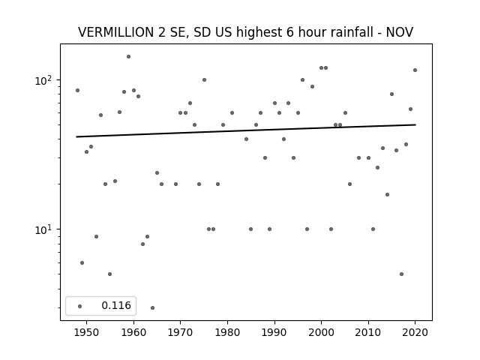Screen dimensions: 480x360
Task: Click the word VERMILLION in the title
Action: pos(116,32)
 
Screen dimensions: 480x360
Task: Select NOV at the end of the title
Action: pos(400,32)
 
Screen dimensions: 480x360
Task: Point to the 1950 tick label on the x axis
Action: pos(87,332)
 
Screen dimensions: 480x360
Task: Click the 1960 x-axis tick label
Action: pos(133,332)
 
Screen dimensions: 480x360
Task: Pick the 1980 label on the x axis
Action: pos(227,332)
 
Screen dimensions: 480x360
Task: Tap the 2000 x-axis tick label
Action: pos(322,332)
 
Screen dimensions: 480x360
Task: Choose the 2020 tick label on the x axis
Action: pos(415,332)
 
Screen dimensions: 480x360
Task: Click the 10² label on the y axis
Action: pos(45,80)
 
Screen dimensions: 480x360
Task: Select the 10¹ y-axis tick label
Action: pos(45,229)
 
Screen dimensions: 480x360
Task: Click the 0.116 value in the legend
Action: pos(116,305)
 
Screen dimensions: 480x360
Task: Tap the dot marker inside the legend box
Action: pos(80,307)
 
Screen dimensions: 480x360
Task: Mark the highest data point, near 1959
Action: pos(128,57)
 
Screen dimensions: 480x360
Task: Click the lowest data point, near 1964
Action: pos(152,307)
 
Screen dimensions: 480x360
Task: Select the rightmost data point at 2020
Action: pos(415,70)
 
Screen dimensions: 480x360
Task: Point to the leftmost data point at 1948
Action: pos(77,90)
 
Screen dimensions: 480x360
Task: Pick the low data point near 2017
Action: pos(401,274)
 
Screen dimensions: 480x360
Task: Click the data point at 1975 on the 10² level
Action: pos(204,80)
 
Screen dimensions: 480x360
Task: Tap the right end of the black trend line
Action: pos(415,124)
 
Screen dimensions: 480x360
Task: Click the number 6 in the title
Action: pos(290,32)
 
